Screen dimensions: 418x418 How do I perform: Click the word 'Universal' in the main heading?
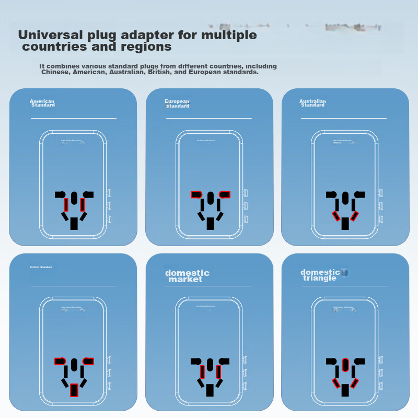coord(50,36)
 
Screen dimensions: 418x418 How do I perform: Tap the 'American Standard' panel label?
coord(42,103)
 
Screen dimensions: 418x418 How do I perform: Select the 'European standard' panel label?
coord(177,103)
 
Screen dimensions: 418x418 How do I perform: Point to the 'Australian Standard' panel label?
coord(312,103)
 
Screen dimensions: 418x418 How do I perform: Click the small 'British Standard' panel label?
coord(41,267)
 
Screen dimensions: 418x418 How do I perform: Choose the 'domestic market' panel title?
coord(187,276)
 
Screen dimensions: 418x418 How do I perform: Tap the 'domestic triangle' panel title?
coord(320,275)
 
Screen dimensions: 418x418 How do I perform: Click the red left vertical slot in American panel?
coord(66,204)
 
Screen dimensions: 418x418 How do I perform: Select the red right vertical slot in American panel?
coord(82,204)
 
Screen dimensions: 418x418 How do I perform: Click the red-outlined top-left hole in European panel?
coord(196,194)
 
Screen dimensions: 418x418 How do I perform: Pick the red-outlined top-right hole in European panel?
coord(225,194)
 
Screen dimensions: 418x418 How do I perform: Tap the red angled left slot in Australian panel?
coord(337,216)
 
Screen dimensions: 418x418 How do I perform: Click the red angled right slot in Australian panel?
coord(355,216)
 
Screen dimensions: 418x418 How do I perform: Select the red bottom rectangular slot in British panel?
coord(74,390)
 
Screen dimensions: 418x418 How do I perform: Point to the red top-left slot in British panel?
coord(60,361)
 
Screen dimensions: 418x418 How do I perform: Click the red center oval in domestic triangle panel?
coord(345,365)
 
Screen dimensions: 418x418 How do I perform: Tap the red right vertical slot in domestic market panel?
coord(218,371)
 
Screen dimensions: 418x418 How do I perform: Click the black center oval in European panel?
coord(210,198)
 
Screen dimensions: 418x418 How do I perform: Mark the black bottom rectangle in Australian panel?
coord(345,224)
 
